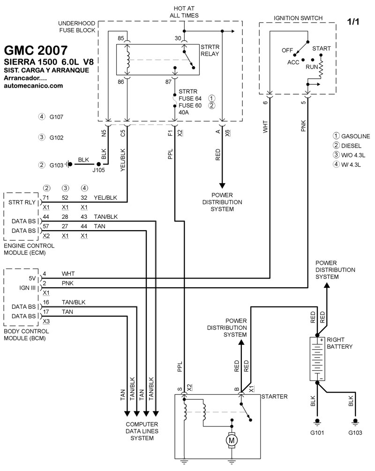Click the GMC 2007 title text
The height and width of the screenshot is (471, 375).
coord(35,50)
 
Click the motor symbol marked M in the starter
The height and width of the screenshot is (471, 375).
coord(231,440)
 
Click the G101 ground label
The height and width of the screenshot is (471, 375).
coord(317,433)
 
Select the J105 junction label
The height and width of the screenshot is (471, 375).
coord(98,171)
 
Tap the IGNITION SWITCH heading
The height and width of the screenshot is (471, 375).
coord(298,18)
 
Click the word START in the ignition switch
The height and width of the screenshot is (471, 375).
coord(321,49)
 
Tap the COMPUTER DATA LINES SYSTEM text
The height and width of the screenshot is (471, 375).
coord(141,431)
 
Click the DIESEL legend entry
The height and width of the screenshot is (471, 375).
coord(351,145)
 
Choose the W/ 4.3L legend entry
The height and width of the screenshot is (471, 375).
coord(351,164)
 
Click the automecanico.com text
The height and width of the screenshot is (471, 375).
coord(33,86)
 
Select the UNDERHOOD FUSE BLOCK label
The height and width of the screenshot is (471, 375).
coord(77,27)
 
